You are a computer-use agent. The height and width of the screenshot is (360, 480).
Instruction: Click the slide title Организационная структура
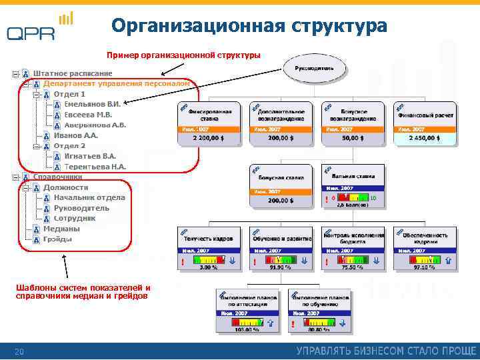(x=249, y=26)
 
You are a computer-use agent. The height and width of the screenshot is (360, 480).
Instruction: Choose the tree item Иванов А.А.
(x=75, y=135)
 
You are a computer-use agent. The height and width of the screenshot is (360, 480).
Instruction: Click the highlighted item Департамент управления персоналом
(x=117, y=83)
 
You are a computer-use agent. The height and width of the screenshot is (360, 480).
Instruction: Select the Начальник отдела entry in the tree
(x=89, y=197)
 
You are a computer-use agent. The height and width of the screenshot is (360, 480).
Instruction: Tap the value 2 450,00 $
(x=425, y=138)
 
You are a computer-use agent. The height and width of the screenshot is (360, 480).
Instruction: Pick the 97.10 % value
(x=425, y=267)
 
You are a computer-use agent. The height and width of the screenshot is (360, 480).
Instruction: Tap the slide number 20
(x=19, y=351)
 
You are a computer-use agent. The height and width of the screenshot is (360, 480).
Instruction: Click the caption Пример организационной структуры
(x=184, y=54)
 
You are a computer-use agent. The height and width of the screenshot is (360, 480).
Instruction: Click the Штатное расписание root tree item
(x=73, y=73)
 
